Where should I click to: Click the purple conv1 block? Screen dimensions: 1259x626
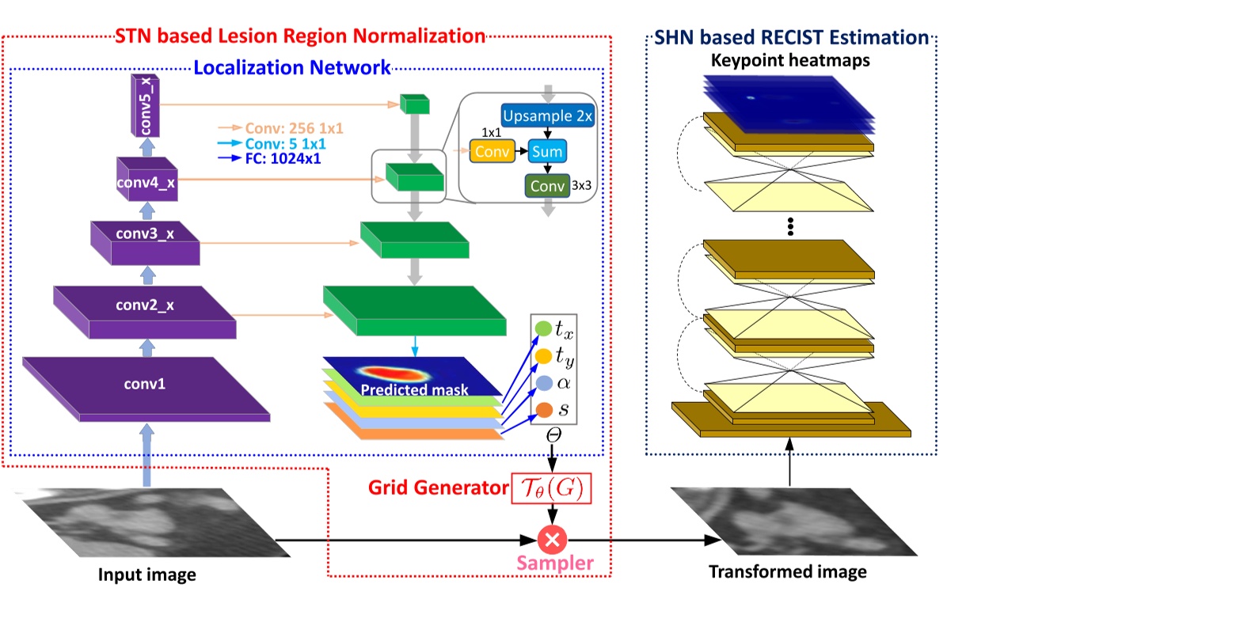(146, 389)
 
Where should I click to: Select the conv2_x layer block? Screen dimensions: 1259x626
(145, 312)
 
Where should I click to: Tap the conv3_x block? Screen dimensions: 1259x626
(145, 243)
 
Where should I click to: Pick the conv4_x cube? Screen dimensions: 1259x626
(147, 180)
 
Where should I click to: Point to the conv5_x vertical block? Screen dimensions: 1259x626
(145, 105)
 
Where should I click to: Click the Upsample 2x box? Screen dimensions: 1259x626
(547, 116)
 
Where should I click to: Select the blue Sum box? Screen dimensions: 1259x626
(547, 151)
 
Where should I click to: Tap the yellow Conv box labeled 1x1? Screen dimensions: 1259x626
(492, 151)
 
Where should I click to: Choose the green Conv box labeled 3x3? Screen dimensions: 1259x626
(547, 186)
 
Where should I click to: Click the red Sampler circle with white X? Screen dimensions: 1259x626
(552, 540)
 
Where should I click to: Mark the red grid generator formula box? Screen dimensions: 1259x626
(551, 488)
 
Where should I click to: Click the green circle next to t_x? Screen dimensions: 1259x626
(543, 328)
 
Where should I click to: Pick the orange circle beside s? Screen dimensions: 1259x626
(544, 410)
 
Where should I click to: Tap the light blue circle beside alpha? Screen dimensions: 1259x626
(544, 383)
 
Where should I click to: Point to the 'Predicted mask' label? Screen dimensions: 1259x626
(414, 389)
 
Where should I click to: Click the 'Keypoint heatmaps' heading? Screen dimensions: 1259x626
(790, 61)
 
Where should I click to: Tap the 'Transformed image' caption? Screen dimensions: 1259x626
(787, 571)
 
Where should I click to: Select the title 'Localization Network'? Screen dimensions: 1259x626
(291, 67)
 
